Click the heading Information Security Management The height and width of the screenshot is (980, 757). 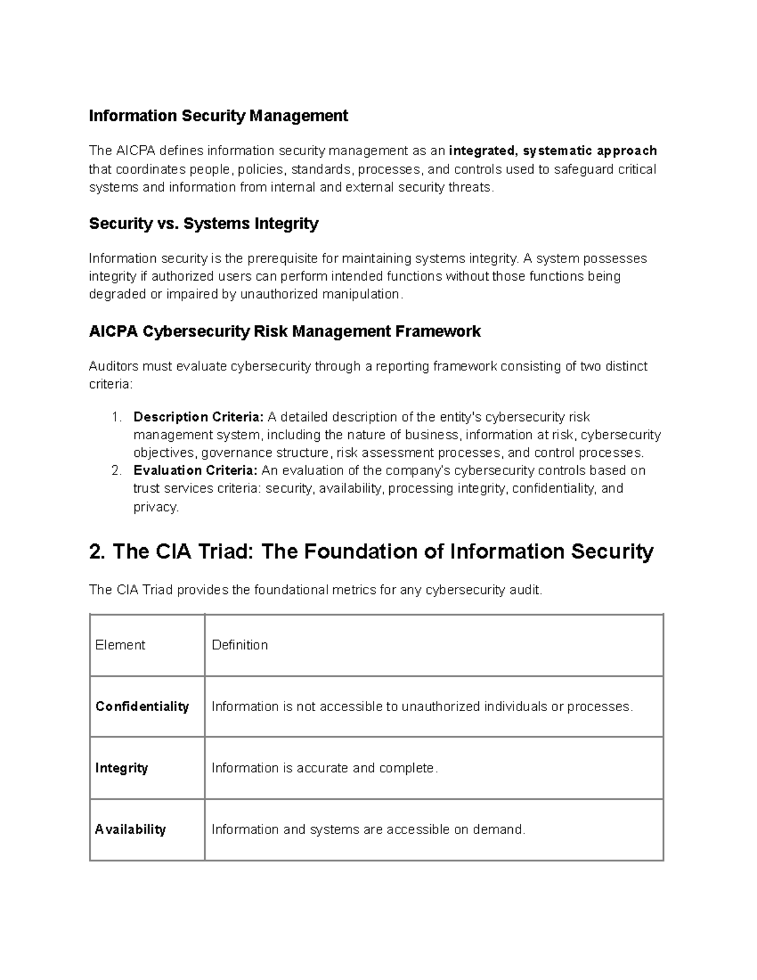pos(218,116)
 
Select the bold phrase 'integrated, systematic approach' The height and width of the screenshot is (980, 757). pos(553,151)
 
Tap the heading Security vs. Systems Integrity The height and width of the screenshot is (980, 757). pos(204,224)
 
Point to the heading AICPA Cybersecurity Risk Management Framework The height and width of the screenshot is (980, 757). pos(285,332)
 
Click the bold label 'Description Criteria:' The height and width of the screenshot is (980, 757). pos(199,417)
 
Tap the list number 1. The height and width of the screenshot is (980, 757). pos(115,417)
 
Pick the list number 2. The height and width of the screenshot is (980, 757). pos(115,471)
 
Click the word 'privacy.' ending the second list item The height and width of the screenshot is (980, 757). pos(156,507)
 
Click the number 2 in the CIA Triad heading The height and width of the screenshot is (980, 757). pos(97,552)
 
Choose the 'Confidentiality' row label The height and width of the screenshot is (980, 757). pos(142,707)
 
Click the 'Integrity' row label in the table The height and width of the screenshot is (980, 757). pos(121,768)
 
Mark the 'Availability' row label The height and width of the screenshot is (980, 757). pos(130,830)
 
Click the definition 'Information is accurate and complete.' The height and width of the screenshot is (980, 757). pos(324,768)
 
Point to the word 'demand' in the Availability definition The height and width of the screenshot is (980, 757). pos(500,830)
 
